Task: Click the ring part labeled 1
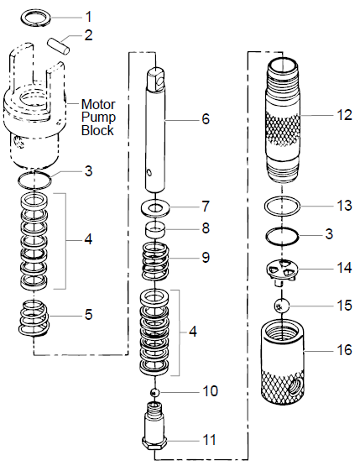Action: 35,18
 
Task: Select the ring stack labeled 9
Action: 158,258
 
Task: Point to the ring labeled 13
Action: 284,206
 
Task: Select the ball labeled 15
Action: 284,306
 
